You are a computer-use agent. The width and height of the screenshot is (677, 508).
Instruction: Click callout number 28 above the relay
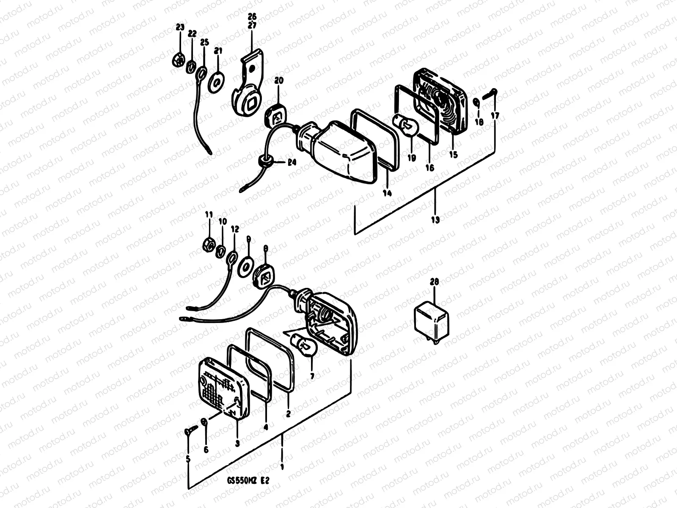[434, 282]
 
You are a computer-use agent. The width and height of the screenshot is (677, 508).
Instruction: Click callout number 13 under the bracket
[435, 220]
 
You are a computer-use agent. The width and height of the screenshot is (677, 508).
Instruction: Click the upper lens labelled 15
[440, 99]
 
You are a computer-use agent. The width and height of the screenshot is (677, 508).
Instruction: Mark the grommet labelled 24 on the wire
[265, 162]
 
